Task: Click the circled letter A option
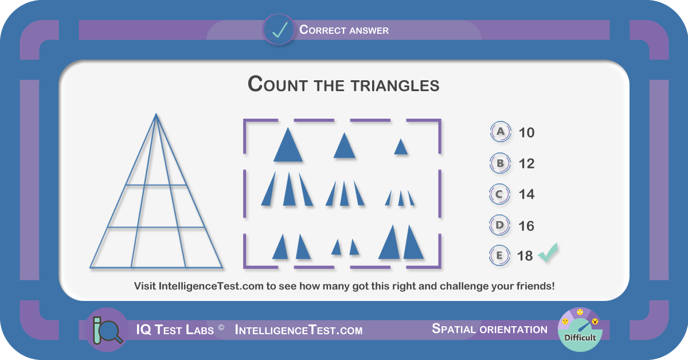501,132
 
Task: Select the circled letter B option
500,163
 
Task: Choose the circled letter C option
499,194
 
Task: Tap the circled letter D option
499,225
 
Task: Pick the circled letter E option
499,255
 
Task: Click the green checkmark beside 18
548,252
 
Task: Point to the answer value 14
526,194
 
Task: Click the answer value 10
526,132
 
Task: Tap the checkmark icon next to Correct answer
279,30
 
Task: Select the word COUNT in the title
277,84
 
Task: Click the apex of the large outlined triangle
156,114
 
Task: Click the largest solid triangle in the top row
288,144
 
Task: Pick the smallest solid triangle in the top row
401,147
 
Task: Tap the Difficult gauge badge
580,330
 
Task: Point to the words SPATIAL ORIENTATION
490,329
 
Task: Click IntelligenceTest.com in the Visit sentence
211,286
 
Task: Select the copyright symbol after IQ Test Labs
221,327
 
